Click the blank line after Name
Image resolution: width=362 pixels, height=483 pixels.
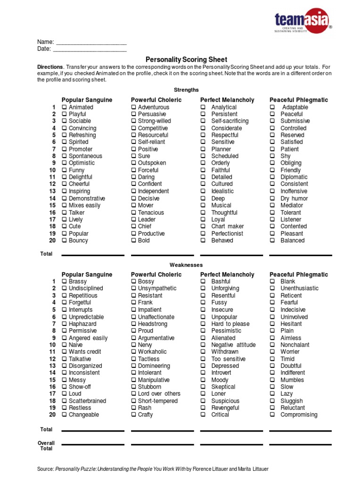coord(91,42)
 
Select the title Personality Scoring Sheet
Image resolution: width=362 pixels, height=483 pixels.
coord(186,59)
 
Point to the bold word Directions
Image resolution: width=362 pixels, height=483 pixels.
coord(50,67)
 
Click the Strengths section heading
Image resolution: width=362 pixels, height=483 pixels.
coord(186,90)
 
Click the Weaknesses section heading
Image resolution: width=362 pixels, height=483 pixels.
coord(186,265)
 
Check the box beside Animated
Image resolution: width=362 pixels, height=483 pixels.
coord(65,108)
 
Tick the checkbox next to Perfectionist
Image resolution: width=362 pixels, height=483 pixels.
coord(203,234)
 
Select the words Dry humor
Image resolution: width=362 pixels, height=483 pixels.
coord(294,199)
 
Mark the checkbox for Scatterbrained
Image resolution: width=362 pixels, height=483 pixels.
coord(65,401)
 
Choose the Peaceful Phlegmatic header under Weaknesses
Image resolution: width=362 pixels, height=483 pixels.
coord(298,275)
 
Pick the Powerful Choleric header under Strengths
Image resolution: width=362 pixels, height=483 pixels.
coord(156,100)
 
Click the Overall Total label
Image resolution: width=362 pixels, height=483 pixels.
coord(46,446)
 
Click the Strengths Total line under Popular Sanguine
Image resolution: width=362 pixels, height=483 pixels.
coord(93,255)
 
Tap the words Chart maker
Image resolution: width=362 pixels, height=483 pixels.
coord(228,226)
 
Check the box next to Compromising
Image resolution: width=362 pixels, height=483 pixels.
coord(272,415)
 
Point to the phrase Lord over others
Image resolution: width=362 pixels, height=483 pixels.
coord(159,394)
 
